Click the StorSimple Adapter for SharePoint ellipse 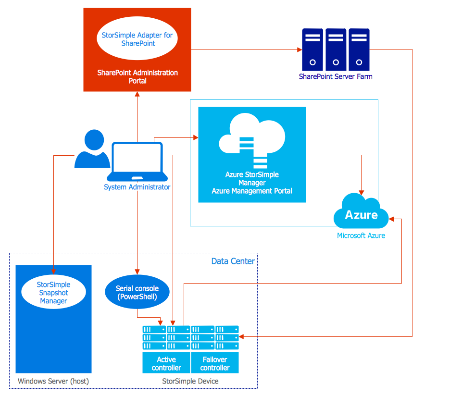pyautogui.click(x=137, y=39)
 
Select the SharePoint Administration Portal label pyautogui.click(x=137, y=77)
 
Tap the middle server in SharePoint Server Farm pyautogui.click(x=336, y=49)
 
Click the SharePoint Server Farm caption pyautogui.click(x=336, y=76)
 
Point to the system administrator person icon pyautogui.click(x=92, y=149)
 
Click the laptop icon pyautogui.click(x=137, y=162)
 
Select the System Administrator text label pyautogui.click(x=137, y=187)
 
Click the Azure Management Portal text pyautogui.click(x=252, y=191)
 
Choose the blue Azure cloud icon pyautogui.click(x=362, y=212)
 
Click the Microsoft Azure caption pyautogui.click(x=361, y=235)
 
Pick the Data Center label pyautogui.click(x=233, y=261)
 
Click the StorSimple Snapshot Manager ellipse pyautogui.click(x=53, y=293)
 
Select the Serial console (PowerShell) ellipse pyautogui.click(x=137, y=293)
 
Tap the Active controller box pyautogui.click(x=166, y=363)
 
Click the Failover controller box pyautogui.click(x=215, y=363)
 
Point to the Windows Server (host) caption pyautogui.click(x=53, y=381)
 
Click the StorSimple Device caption pyautogui.click(x=190, y=381)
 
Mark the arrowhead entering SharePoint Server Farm pyautogui.click(x=299, y=49)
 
